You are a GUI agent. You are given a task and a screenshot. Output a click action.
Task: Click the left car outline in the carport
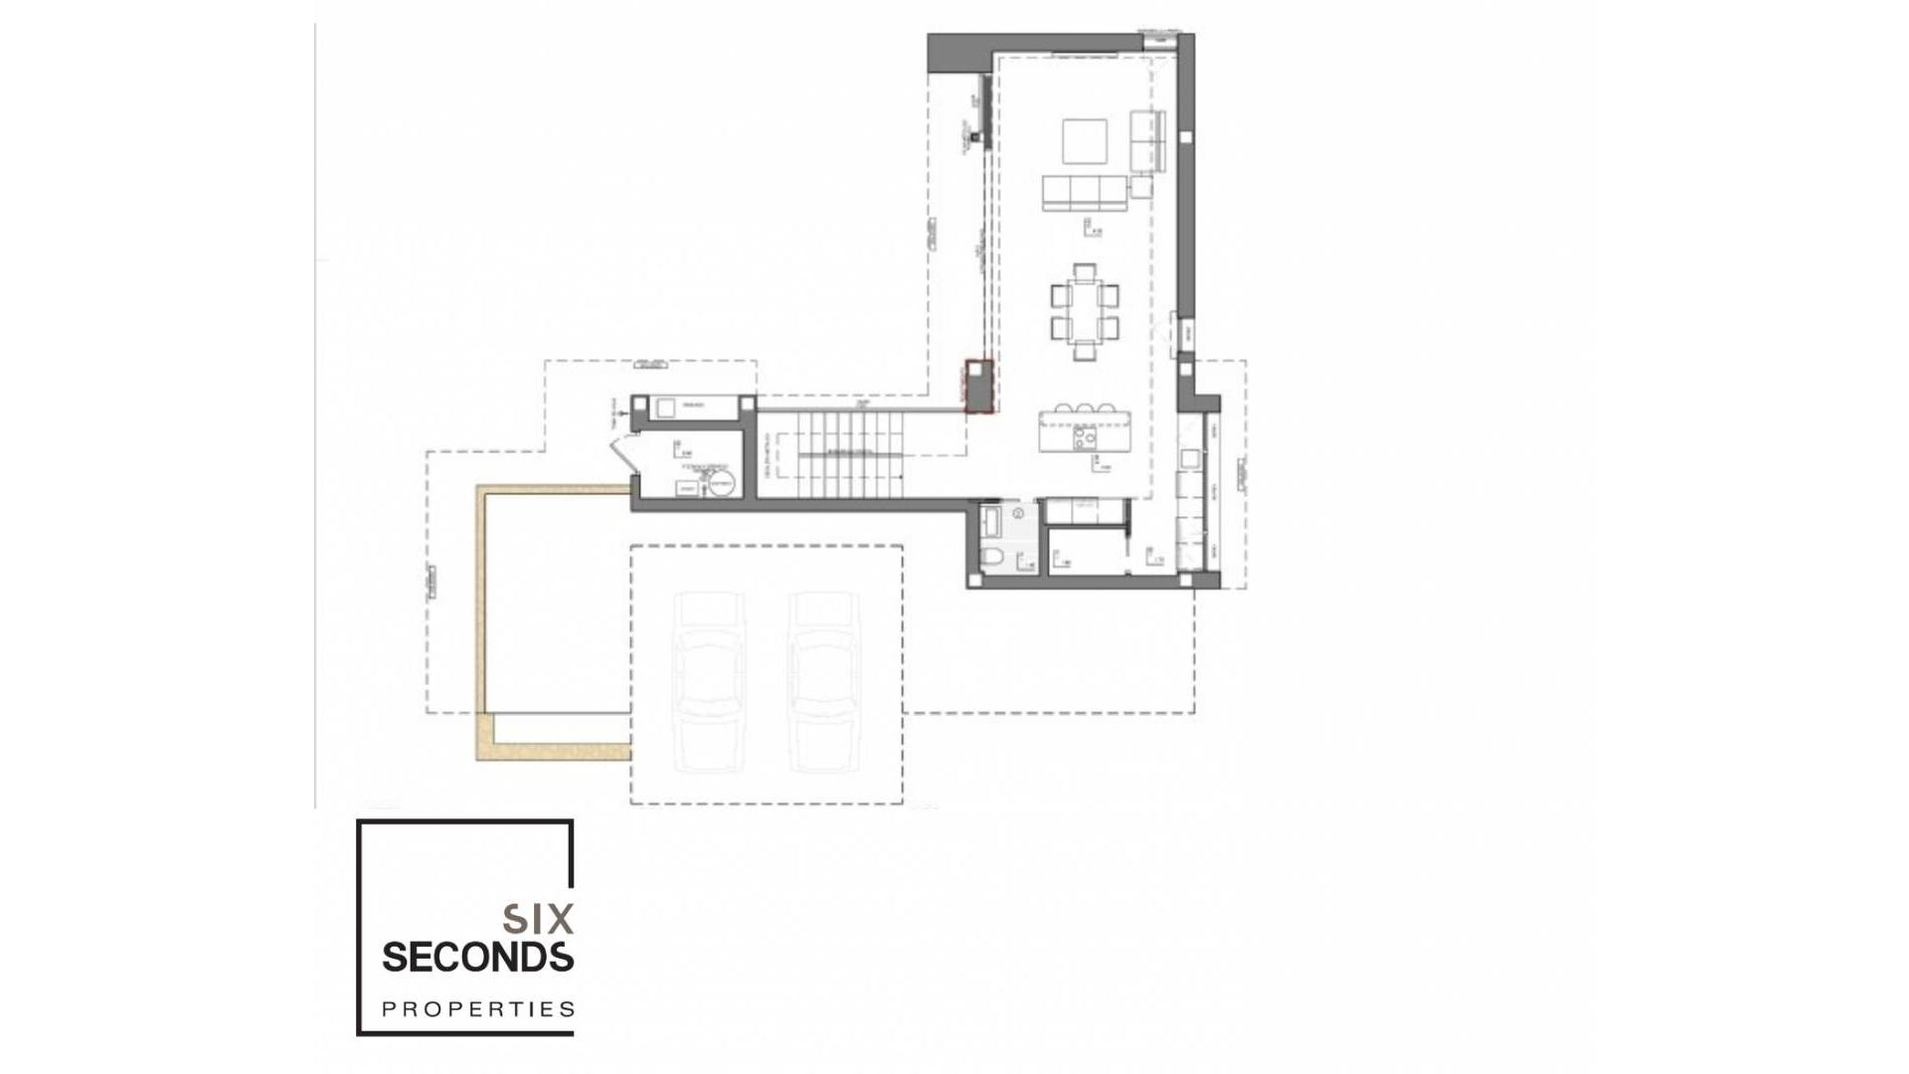709,682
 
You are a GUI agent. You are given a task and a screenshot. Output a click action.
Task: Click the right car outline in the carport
823,682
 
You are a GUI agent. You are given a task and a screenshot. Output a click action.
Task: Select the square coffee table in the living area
1085,141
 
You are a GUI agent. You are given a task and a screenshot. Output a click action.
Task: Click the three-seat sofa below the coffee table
1085,193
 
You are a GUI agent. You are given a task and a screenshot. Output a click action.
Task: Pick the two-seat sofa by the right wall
1147,140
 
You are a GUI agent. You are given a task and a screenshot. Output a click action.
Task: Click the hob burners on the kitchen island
1085,436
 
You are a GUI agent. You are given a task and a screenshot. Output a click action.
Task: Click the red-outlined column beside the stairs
980,386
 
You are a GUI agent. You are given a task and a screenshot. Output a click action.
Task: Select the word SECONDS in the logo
478,958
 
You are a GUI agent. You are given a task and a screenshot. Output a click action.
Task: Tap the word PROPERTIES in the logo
478,1009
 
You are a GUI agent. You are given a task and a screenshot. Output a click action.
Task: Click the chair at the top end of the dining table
1085,269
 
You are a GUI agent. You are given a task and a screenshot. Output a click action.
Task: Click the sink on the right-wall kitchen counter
1189,458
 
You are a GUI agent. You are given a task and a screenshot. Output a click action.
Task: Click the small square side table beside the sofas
1140,186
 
